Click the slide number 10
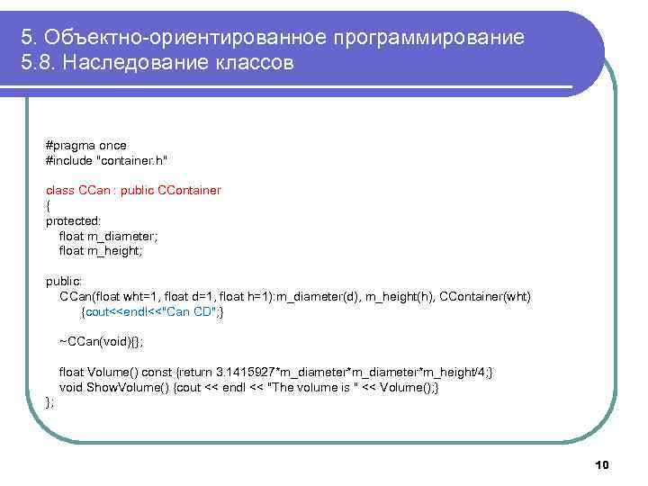coord(602,464)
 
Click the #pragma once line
coord(86,145)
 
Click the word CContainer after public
coord(189,191)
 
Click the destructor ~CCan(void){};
coord(101,343)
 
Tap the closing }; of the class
coord(50,403)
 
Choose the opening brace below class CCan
coord(49,206)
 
